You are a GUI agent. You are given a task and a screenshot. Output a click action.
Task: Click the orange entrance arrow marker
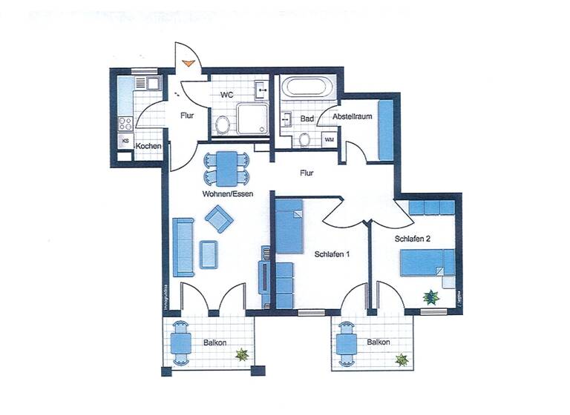click(189, 64)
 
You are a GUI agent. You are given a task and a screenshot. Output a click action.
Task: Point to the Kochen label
click(148, 146)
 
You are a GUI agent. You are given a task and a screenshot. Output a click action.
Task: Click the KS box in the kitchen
click(125, 140)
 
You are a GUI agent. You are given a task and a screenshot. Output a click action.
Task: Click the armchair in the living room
click(219, 218)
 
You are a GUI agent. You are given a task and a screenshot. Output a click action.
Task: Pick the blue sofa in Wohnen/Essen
click(183, 244)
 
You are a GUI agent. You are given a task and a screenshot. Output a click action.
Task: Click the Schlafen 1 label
click(332, 254)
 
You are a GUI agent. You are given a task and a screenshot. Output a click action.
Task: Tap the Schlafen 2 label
click(413, 239)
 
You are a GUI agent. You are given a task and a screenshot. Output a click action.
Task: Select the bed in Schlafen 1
click(289, 225)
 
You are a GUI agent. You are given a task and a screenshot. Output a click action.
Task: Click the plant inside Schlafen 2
click(431, 297)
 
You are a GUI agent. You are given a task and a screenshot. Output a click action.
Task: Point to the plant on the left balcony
click(241, 355)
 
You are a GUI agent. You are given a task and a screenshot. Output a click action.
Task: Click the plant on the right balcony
click(402, 360)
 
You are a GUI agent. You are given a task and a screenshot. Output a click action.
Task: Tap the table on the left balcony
click(181, 342)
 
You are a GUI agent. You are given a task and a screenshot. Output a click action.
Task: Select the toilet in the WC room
click(221, 126)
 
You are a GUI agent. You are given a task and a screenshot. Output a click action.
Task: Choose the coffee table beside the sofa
click(209, 253)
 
